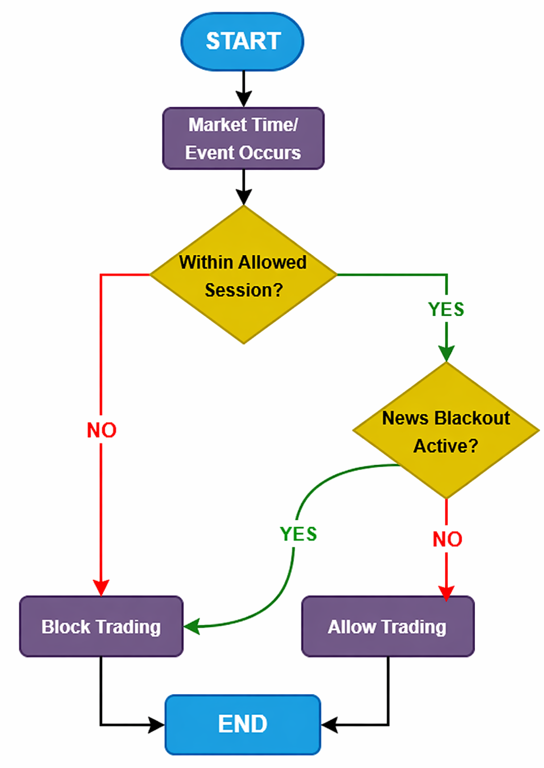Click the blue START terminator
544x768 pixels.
[242, 41]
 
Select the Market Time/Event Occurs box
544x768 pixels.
[243, 138]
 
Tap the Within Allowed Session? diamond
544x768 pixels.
[243, 275]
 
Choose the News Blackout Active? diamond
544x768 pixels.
[446, 431]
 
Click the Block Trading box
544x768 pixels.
[101, 627]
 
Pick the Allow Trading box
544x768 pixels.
[387, 627]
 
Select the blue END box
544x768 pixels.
[243, 724]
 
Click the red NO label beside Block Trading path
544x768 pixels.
[101, 430]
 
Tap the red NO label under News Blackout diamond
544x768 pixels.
[447, 540]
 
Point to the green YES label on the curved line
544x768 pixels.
[298, 534]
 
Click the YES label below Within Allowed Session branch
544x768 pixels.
[446, 309]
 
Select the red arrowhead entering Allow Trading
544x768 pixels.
[446, 592]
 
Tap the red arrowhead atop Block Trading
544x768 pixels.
[101, 588]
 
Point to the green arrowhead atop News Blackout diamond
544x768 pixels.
[446, 354]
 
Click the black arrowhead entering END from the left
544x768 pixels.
[156, 725]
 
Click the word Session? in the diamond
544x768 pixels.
[244, 290]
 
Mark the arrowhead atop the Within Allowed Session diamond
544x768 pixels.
[244, 197]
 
